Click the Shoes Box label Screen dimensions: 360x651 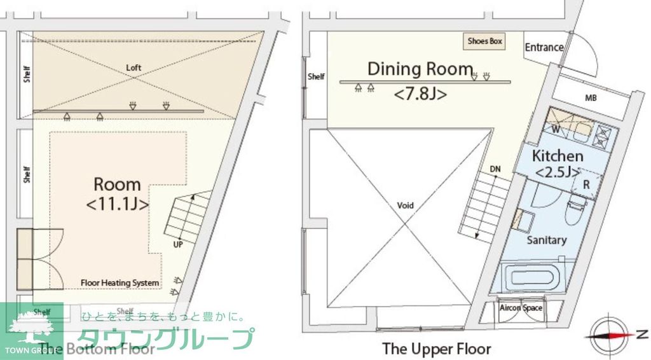pyautogui.click(x=485, y=41)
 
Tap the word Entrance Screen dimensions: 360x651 pyautogui.click(x=544, y=47)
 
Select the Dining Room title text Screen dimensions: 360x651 pyautogui.click(x=420, y=69)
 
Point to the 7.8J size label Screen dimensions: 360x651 pyautogui.click(x=420, y=94)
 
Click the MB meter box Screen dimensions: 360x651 pyautogui.click(x=591, y=98)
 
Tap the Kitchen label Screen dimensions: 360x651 pyautogui.click(x=557, y=156)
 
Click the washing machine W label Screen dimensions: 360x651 pyautogui.click(x=555, y=130)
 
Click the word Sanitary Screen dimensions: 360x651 pyautogui.click(x=546, y=240)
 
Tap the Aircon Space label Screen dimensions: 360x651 pyautogui.click(x=520, y=308)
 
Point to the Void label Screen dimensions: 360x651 pyautogui.click(x=405, y=205)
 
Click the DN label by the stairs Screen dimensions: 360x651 pyautogui.click(x=495, y=169)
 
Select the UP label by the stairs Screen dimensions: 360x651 pyautogui.click(x=178, y=243)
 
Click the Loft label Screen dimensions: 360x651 pyautogui.click(x=134, y=67)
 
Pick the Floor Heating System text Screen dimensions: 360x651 pyautogui.click(x=120, y=282)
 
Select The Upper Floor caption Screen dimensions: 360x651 pyautogui.click(x=436, y=349)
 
